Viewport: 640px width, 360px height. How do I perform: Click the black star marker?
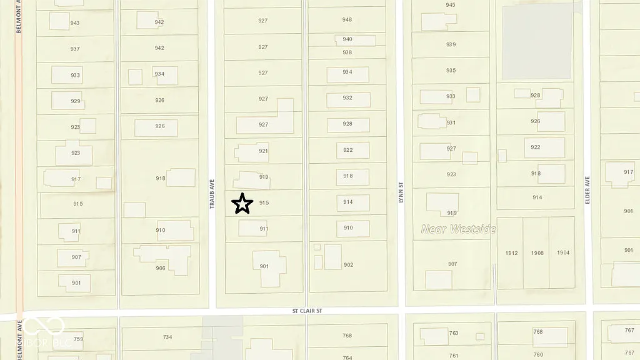(242, 204)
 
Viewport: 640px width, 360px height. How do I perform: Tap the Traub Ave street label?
(212, 194)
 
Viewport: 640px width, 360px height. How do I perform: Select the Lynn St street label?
(401, 188)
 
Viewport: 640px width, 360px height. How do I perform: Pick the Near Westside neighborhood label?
(458, 229)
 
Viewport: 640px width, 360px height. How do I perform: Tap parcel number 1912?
(511, 253)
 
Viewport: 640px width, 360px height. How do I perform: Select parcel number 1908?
(537, 253)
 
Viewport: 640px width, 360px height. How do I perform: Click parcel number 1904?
(563, 253)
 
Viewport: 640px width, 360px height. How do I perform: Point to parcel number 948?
(347, 20)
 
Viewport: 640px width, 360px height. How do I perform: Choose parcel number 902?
(348, 265)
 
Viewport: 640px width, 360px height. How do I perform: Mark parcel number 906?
(161, 268)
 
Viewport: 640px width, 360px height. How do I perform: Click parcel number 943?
(75, 23)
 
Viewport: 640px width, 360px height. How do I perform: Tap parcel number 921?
(263, 151)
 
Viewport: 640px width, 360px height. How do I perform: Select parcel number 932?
(347, 98)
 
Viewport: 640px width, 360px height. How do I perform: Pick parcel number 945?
(451, 5)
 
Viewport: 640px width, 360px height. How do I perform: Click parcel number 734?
(167, 337)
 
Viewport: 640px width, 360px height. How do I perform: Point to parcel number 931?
(451, 122)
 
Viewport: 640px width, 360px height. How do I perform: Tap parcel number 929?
(76, 101)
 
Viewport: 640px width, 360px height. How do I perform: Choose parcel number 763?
(454, 333)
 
